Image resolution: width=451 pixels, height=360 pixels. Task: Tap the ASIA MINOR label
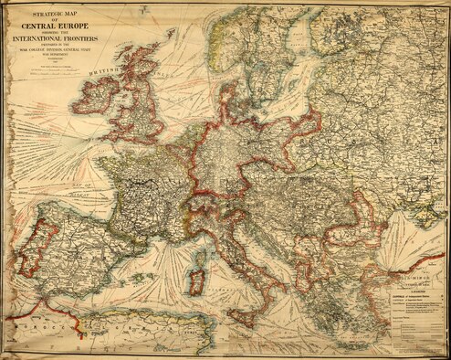point(416,272)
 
